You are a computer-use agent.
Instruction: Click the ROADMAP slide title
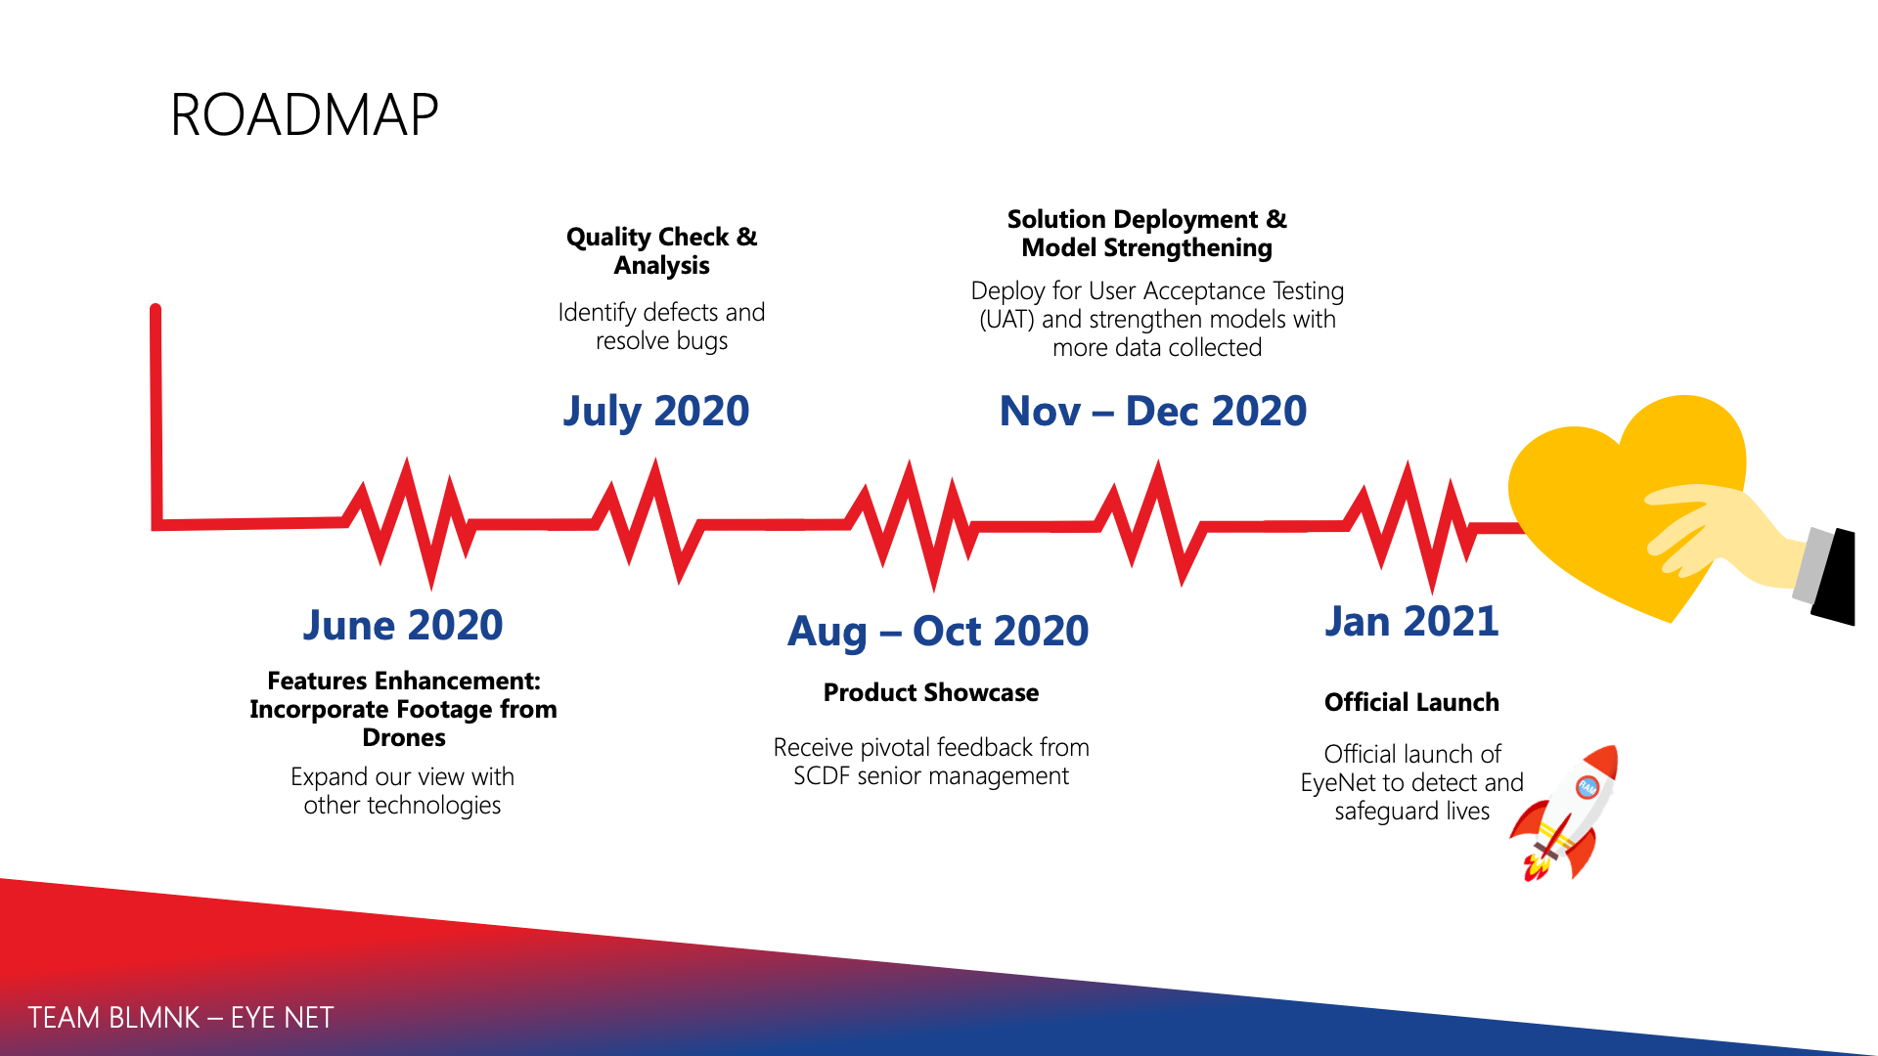tap(304, 114)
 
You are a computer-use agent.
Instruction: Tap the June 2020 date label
tap(403, 625)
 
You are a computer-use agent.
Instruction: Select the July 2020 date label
tap(656, 412)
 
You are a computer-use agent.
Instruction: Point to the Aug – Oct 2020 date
tap(938, 632)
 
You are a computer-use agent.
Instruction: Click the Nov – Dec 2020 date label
tap(1153, 411)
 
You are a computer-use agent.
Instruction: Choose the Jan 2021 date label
tap(1411, 621)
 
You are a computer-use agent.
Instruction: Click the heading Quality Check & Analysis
tap(662, 251)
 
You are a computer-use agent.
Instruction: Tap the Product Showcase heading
tap(931, 692)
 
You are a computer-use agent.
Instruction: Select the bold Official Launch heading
tap(1411, 702)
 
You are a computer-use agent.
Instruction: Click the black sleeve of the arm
tap(1834, 577)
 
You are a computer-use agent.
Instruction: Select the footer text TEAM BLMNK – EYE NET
tap(181, 1018)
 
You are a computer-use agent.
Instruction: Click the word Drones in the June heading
tap(404, 737)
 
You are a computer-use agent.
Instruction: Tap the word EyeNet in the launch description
tap(1338, 783)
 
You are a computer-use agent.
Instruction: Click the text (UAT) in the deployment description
tap(1007, 320)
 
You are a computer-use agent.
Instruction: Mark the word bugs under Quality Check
tap(702, 341)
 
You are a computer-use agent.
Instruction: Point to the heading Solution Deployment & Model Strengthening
tap(1147, 234)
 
